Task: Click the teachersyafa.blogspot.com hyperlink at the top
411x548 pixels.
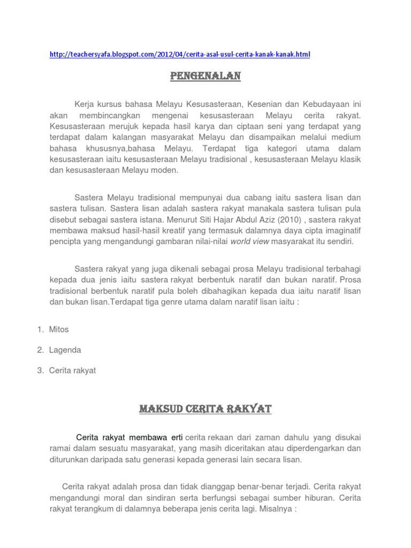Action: [180, 55]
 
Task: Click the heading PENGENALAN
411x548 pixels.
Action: [205, 77]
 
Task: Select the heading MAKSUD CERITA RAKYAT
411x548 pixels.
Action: [205, 410]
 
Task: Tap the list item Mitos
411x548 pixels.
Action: [59, 329]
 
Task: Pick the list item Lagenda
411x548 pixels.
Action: [65, 350]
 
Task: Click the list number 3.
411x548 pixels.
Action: [40, 370]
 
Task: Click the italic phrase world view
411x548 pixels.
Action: [250, 241]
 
